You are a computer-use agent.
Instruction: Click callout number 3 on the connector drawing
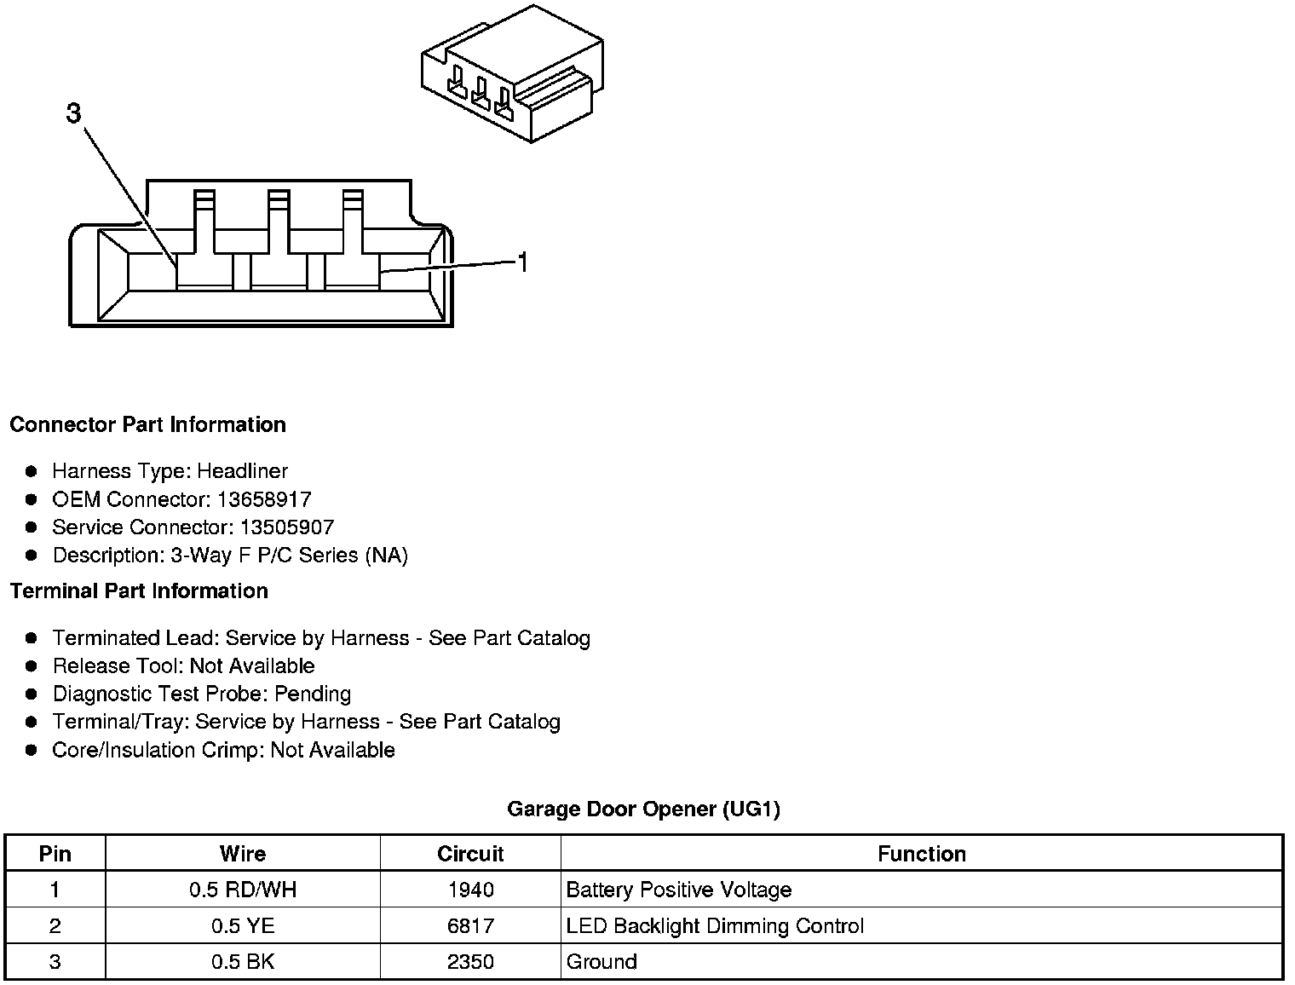[x=74, y=113]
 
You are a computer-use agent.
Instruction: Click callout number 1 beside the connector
[x=522, y=263]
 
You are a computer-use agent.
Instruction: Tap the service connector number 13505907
[x=284, y=527]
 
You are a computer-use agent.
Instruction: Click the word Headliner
[x=242, y=471]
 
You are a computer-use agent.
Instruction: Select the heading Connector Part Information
[x=147, y=424]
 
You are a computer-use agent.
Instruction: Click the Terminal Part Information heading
[x=139, y=590]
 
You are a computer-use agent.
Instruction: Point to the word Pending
[x=313, y=694]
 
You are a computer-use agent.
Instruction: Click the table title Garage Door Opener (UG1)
[x=643, y=809]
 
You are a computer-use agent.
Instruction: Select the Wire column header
[x=243, y=854]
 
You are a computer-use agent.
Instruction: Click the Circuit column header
[x=470, y=854]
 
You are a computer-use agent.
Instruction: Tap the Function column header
[x=922, y=854]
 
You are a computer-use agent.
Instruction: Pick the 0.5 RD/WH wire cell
[x=243, y=890]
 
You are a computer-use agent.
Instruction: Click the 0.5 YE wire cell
[x=243, y=926]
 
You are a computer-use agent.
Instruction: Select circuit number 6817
[x=470, y=926]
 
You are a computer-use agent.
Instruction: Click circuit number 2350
[x=470, y=962]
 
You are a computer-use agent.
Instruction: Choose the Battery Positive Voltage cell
[x=679, y=890]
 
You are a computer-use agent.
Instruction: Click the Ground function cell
[x=601, y=962]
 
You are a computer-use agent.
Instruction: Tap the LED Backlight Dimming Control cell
[x=715, y=926]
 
